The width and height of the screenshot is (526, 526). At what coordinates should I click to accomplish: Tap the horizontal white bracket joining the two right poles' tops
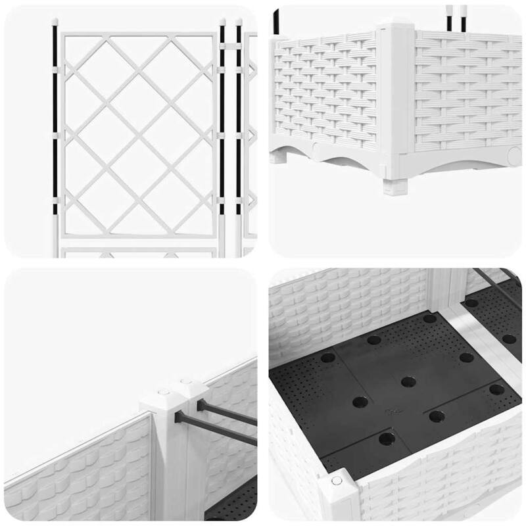pyautogui.click(x=230, y=47)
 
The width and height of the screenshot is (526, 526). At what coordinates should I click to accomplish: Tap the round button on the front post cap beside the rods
pyautogui.click(x=162, y=393)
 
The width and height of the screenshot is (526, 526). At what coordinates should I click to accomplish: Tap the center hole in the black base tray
pyautogui.click(x=408, y=381)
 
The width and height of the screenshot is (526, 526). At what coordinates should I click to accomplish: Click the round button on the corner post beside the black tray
pyautogui.click(x=337, y=481)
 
